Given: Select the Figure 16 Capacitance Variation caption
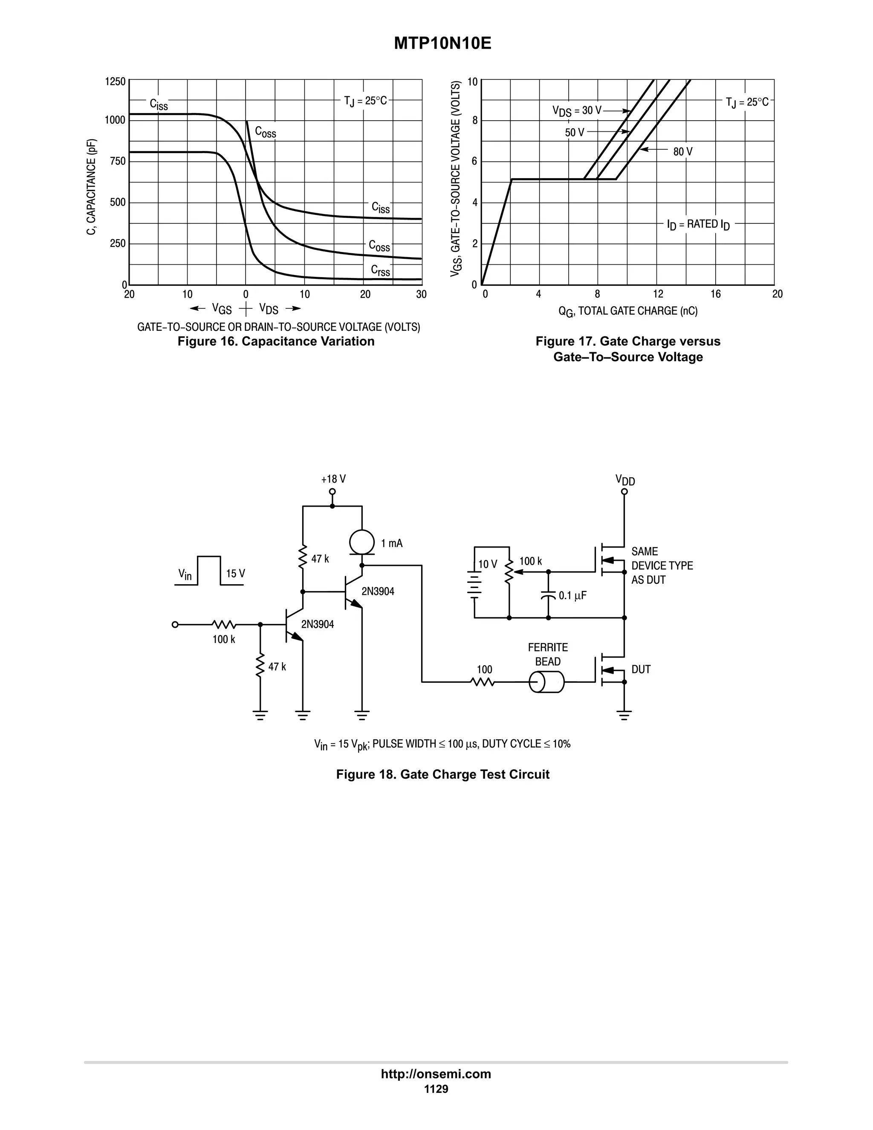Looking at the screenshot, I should tap(276, 342).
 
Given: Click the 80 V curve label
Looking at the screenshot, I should tap(683, 152).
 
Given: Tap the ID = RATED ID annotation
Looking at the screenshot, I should tap(698, 225).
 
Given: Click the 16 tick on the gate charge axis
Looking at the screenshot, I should tap(715, 294).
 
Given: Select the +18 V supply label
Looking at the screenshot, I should tap(333, 479).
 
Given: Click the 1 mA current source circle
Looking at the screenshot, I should tap(361, 543).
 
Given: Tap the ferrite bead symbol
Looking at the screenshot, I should tap(546, 682).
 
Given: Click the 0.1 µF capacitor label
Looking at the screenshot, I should tap(572, 596).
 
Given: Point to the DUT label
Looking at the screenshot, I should tap(641, 669).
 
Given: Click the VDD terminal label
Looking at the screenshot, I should tap(625, 480).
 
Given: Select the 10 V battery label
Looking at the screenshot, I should tap(487, 565).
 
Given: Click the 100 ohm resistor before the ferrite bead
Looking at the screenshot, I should tap(483, 682).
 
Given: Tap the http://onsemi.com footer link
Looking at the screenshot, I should tap(436, 1074).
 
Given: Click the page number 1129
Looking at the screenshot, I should tap(436, 1089).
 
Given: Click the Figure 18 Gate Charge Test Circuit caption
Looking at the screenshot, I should tap(442, 774).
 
